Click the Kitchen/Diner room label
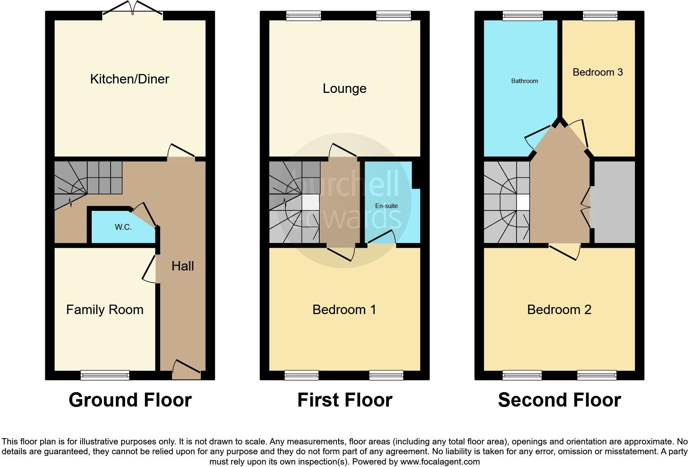point(130,79)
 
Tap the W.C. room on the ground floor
point(123,227)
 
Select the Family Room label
point(105,310)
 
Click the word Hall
point(182,266)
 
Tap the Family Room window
point(105,375)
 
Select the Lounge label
point(344,88)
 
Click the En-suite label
point(386,206)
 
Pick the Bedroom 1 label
point(344,310)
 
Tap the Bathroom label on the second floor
point(524,81)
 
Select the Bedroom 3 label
point(597,72)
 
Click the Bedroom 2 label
point(559,310)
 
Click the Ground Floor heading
point(130,400)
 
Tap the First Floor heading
point(344,400)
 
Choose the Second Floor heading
point(559,400)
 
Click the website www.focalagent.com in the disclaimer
point(440,462)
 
